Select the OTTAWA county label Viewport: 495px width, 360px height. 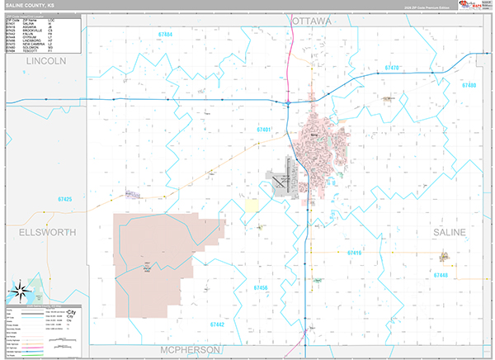pos(310,20)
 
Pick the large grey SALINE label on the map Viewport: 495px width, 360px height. pos(450,232)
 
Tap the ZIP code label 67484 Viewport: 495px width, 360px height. pos(162,35)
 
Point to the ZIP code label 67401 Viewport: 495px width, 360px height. pos(264,130)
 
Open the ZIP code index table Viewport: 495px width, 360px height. pos(43,36)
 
